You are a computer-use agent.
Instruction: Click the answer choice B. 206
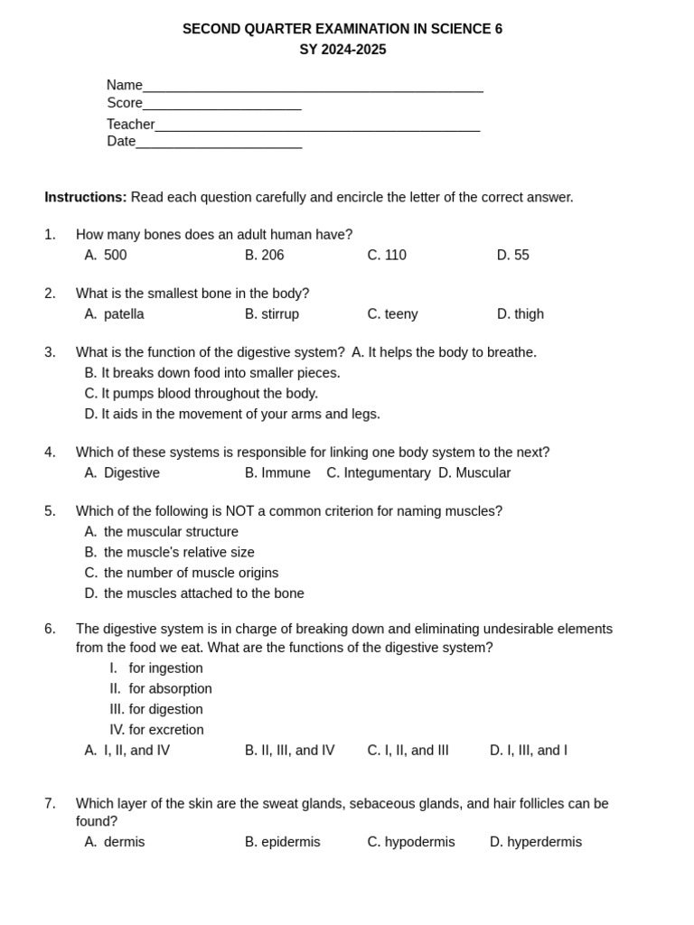click(x=264, y=256)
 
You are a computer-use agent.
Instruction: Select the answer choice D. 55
click(x=512, y=256)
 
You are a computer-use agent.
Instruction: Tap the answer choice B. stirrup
click(x=271, y=314)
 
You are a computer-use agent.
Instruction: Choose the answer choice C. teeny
click(x=392, y=314)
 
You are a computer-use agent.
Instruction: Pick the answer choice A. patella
click(x=114, y=314)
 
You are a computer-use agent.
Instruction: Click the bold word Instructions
click(x=86, y=198)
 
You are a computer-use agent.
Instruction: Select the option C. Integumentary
click(x=379, y=473)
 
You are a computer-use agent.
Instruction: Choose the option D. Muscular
click(x=474, y=473)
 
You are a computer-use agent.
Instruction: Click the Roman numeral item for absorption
click(x=161, y=689)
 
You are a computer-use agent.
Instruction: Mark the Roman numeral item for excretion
click(x=156, y=730)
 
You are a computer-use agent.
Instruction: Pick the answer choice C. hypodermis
click(x=411, y=843)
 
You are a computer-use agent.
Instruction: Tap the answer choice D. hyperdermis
click(x=536, y=843)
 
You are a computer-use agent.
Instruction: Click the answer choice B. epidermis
click(x=282, y=843)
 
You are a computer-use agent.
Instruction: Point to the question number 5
click(x=50, y=511)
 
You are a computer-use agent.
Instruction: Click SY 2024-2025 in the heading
click(x=342, y=50)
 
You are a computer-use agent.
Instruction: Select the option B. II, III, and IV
click(x=289, y=751)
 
